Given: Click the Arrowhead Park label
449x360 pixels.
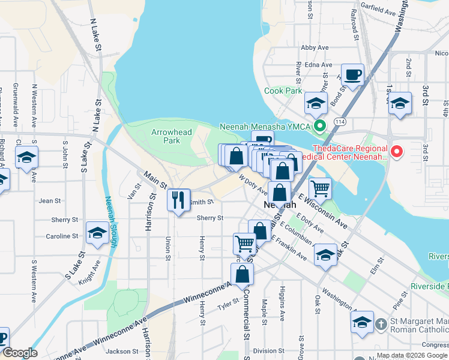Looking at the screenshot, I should click(166, 136).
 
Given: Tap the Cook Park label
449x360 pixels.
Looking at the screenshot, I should click(283, 91).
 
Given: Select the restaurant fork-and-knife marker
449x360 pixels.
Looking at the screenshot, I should click(178, 200).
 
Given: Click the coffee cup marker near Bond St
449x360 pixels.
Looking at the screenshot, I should click(353, 76).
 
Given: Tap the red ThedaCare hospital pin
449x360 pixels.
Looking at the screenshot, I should click(396, 152).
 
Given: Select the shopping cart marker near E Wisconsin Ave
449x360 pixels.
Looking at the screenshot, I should click(321, 188).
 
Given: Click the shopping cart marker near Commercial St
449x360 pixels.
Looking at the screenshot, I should click(244, 244).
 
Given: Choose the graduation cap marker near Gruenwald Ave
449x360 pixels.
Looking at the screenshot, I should click(26, 158).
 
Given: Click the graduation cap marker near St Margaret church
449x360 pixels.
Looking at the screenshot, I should click(363, 323).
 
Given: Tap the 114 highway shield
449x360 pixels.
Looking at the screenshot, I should click(340, 122).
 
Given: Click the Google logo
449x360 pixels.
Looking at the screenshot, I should click(19, 353).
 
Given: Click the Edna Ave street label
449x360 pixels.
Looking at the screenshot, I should click(319, 65).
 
